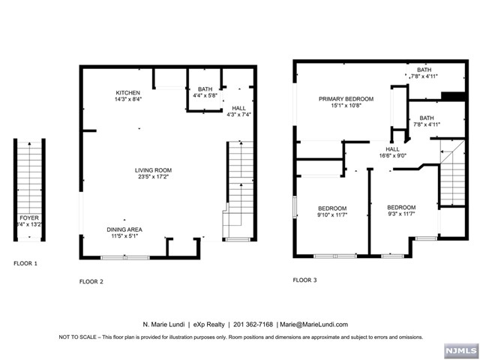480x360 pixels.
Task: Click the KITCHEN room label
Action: [x=128, y=93]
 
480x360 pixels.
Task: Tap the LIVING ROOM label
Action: [x=153, y=170]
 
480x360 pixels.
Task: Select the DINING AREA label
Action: [x=124, y=229]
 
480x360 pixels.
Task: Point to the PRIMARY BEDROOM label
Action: [x=346, y=99]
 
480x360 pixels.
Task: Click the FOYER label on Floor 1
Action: [x=29, y=218]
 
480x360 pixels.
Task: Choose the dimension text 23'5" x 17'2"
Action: [x=153, y=177]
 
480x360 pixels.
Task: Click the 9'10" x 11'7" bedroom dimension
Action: [x=332, y=215]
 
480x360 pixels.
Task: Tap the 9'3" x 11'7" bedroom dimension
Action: [x=401, y=214]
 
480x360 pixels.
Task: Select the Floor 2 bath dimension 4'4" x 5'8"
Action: [x=205, y=95]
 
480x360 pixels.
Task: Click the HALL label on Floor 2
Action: [x=238, y=108]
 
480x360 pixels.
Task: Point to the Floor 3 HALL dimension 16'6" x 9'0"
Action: [x=393, y=155]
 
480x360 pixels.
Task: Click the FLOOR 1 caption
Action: [x=25, y=263]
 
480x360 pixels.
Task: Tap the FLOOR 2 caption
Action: [x=91, y=282]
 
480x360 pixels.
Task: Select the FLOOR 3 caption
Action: [x=305, y=280]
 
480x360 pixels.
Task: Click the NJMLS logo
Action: [x=461, y=350]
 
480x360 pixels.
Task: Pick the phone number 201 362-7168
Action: [x=253, y=325]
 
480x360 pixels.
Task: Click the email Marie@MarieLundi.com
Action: [x=313, y=325]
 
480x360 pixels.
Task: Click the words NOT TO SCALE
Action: [x=78, y=337]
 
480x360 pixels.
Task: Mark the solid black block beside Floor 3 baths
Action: [x=453, y=96]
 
